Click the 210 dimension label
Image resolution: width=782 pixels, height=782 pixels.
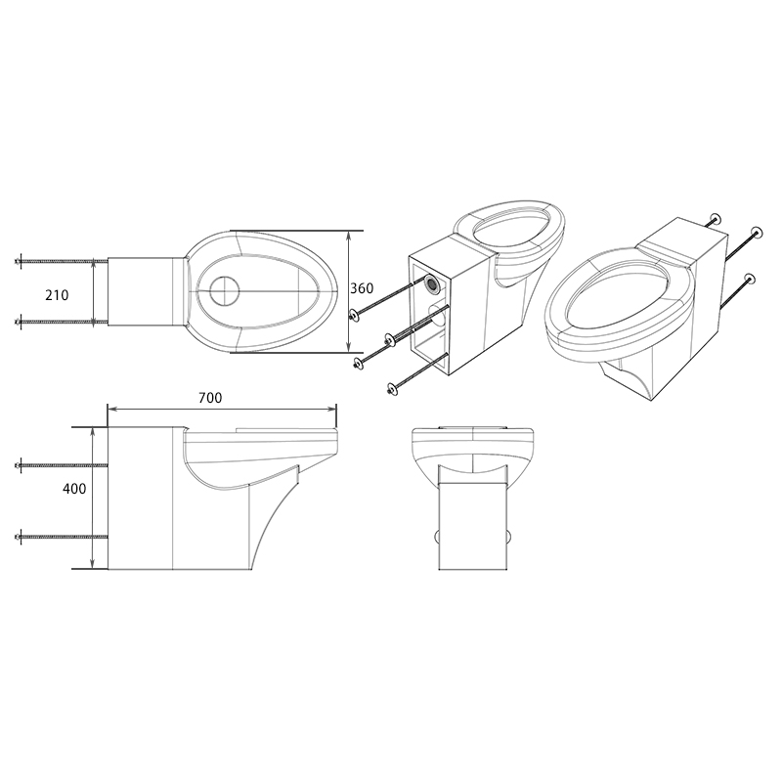click(x=56, y=294)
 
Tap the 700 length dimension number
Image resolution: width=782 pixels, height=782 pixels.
click(x=209, y=398)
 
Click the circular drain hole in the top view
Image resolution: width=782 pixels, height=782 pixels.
click(x=224, y=290)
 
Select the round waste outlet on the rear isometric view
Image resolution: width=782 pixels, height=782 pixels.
click(x=432, y=285)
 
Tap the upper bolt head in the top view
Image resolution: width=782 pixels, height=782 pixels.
click(x=19, y=262)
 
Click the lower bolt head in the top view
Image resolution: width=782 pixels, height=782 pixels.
click(x=19, y=321)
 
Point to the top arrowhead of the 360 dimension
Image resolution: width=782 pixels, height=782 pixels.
click(x=349, y=236)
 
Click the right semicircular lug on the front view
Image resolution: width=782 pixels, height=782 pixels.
click(x=511, y=537)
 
